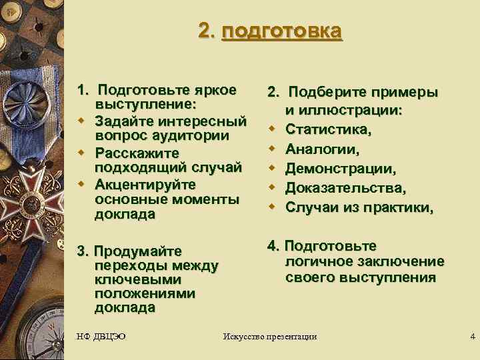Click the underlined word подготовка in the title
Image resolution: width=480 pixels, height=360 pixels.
click(x=282, y=31)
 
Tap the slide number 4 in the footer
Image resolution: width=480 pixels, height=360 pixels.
click(x=472, y=335)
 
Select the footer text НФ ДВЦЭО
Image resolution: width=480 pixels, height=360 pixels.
click(x=101, y=335)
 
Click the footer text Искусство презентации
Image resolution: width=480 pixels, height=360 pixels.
click(x=269, y=336)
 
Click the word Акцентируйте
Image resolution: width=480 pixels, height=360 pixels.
click(x=145, y=183)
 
